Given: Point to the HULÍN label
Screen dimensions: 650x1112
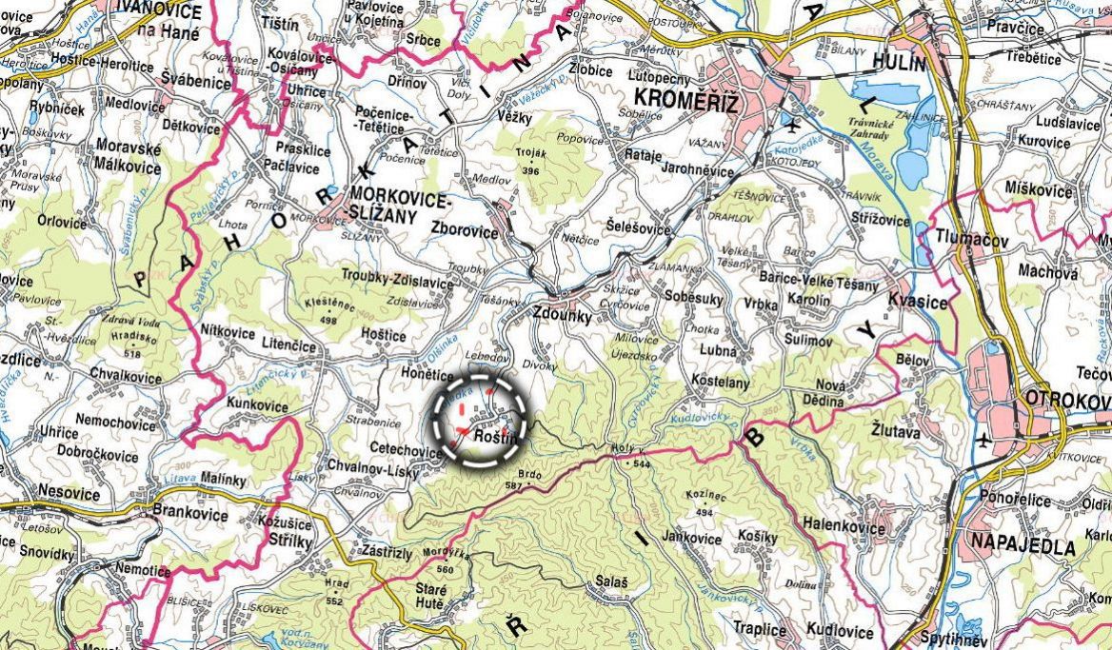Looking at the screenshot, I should pos(904,64).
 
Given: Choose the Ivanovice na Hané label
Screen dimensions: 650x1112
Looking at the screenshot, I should pos(158,21).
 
